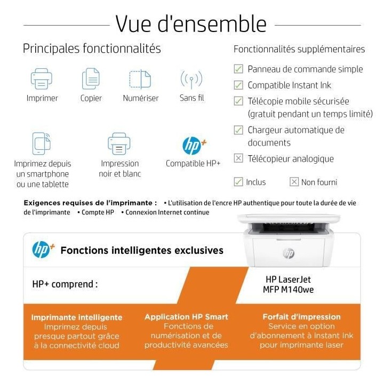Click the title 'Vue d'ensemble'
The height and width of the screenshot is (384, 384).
(191, 24)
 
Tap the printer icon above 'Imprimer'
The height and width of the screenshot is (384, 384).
(42, 79)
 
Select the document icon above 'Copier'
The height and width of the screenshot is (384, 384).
(91, 79)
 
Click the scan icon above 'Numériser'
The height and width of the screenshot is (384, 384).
(140, 79)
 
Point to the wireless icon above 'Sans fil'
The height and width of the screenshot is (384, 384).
(191, 79)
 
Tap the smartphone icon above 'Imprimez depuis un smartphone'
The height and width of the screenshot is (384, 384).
(42, 143)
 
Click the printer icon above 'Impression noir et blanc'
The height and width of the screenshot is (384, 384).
(119, 143)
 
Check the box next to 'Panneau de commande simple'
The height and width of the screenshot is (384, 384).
(239, 69)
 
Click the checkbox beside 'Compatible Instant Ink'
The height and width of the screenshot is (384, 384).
(239, 85)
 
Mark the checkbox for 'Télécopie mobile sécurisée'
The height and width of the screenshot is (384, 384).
(239, 101)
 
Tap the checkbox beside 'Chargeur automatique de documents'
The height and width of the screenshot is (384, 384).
(239, 130)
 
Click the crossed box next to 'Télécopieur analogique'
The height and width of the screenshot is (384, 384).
(239, 158)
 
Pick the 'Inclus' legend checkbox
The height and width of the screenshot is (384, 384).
(238, 182)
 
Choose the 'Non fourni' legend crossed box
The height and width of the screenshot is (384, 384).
(294, 182)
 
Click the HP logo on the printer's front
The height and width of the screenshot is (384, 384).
(289, 253)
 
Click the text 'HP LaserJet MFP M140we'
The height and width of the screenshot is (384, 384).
(288, 284)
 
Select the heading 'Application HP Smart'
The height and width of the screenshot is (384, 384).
(186, 317)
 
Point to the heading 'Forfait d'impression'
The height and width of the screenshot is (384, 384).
(301, 317)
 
